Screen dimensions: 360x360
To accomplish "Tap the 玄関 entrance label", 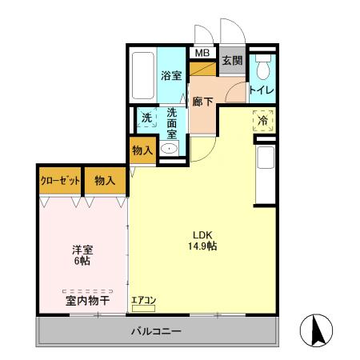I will pos(232,61).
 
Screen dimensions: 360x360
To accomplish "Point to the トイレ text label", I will pos(262,90).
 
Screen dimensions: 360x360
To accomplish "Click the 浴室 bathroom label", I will pos(171,77).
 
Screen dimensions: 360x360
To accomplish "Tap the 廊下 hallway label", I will pos(202,102).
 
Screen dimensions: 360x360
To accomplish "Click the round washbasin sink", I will pos(170,148).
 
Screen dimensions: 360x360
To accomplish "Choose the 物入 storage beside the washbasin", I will pos(142,150).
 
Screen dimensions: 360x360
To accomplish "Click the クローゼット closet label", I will pos(60,181).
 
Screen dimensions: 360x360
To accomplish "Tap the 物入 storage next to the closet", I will pos(105,181).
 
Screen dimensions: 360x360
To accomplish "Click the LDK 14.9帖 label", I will pos(202,240).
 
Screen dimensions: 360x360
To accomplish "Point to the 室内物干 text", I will pos(87,300).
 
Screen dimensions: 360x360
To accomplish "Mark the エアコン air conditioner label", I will pos(143,301).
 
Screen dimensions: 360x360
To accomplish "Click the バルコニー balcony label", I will pos(156,331).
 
